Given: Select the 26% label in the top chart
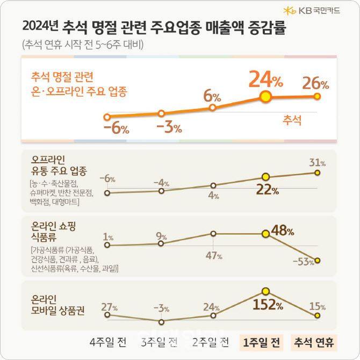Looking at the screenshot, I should pyautogui.click(x=316, y=83).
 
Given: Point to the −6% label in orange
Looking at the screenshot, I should pyautogui.click(x=116, y=129).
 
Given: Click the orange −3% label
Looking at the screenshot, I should pyautogui.click(x=169, y=128).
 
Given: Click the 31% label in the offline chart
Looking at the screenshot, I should pyautogui.click(x=317, y=162).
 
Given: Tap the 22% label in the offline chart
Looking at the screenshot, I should pyautogui.click(x=267, y=190).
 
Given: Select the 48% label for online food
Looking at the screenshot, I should pyautogui.click(x=282, y=232).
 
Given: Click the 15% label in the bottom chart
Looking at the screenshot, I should pyautogui.click(x=316, y=307).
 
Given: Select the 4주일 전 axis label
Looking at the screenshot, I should pyautogui.click(x=109, y=342).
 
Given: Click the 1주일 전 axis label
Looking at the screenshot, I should pyautogui.click(x=262, y=342).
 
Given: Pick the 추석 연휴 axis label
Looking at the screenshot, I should pyautogui.click(x=313, y=342).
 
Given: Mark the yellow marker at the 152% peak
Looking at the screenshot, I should pyautogui.click(x=265, y=291).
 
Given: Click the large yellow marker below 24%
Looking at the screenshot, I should pyautogui.click(x=265, y=97).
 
